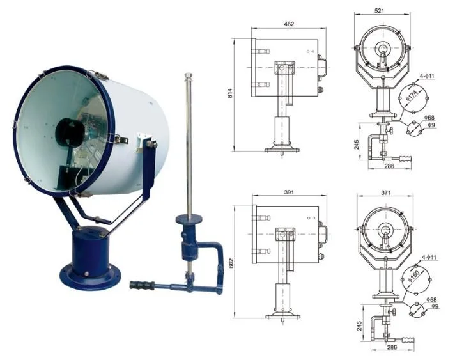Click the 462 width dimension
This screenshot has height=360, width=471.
(289, 24)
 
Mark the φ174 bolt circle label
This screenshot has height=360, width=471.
(412, 98)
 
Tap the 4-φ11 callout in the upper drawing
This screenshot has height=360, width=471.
(427, 77)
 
